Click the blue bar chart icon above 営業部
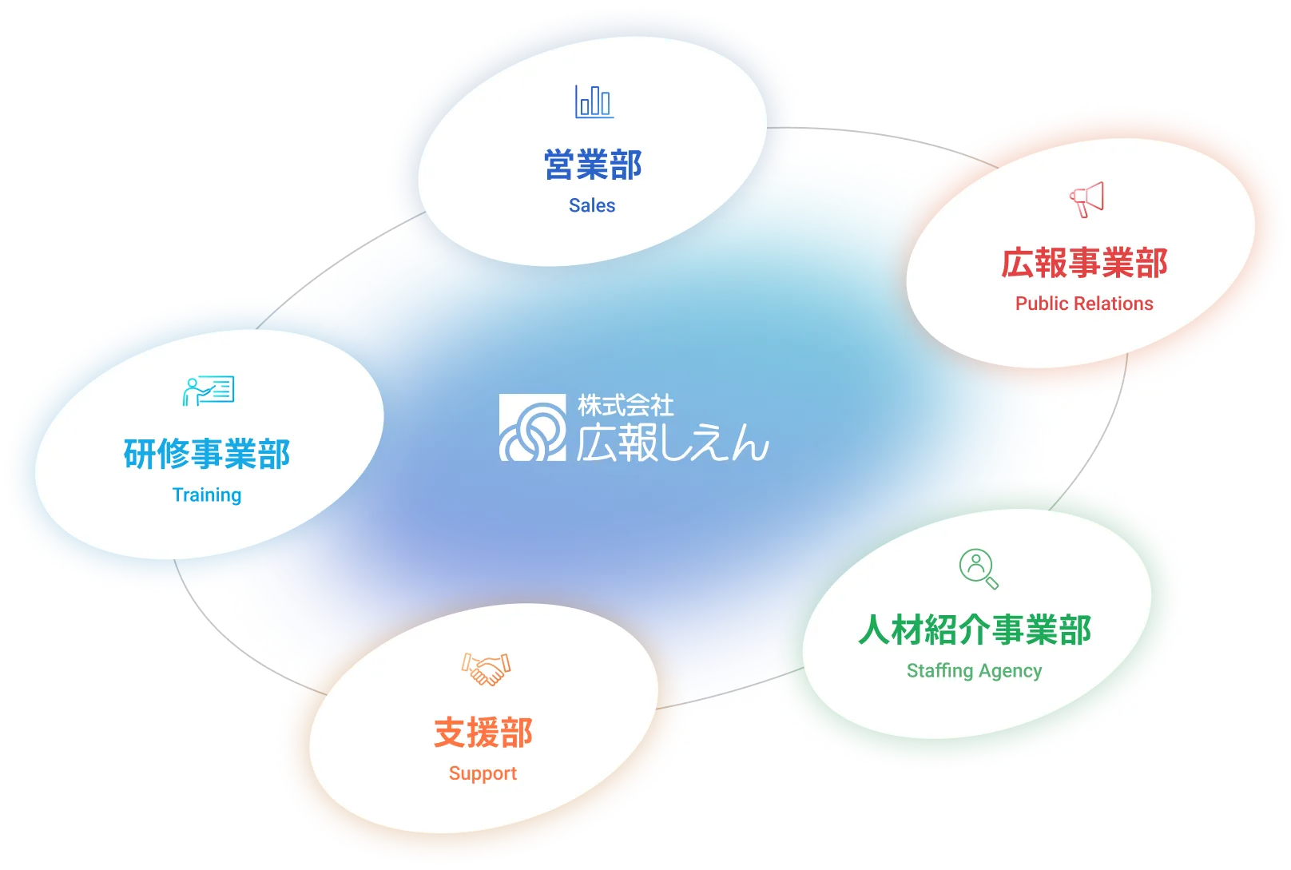pos(594,101)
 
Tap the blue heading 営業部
pos(593,165)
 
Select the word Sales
pos(592,205)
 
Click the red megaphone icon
pos(1086,200)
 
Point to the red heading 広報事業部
pos(1084,263)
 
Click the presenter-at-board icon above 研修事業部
pos(208,391)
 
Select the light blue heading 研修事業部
pos(206,454)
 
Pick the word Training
pos(207,495)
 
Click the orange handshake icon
pos(486,669)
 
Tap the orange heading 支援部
pos(483,733)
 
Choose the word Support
pos(483,773)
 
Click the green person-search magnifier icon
pos(979,569)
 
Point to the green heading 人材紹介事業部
pos(974,630)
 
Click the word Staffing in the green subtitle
pos(940,670)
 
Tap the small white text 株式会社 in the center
pos(626,405)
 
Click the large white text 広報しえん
pos(673,443)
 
